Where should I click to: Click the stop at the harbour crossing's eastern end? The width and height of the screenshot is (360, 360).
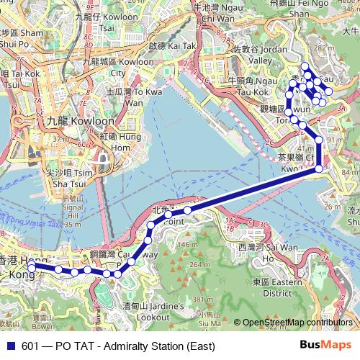tap(319, 170)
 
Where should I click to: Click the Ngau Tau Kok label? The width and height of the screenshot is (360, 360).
tap(248, 87)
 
